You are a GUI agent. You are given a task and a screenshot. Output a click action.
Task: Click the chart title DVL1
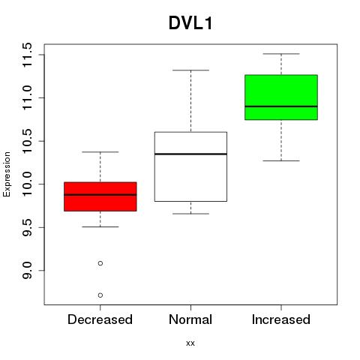pyautogui.click(x=190, y=23)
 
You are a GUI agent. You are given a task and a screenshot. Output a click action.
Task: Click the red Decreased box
pyautogui.click(x=100, y=196)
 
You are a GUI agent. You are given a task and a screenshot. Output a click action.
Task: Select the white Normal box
pyautogui.click(x=190, y=166)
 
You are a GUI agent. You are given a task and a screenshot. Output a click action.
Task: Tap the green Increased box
pyautogui.click(x=281, y=97)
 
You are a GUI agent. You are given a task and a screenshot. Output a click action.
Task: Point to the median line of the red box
pyautogui.click(x=100, y=194)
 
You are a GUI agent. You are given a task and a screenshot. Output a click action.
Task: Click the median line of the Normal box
pyautogui.click(x=190, y=154)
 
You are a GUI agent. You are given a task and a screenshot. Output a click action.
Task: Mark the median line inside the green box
pyautogui.click(x=281, y=106)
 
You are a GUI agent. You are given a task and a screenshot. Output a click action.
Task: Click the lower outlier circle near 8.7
pyautogui.click(x=100, y=295)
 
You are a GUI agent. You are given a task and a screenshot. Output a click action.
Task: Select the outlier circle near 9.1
pyautogui.click(x=100, y=263)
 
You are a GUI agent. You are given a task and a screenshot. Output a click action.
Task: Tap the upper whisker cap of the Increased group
pyautogui.click(x=281, y=54)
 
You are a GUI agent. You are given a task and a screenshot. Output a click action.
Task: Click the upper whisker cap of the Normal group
pyautogui.click(x=190, y=70)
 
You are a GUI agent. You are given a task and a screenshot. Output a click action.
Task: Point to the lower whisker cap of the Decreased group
pyautogui.click(x=100, y=226)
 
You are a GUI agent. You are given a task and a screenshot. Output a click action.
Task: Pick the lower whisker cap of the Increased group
pyautogui.click(x=281, y=160)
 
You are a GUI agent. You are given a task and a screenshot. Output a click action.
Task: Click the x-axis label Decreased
pyautogui.click(x=100, y=319)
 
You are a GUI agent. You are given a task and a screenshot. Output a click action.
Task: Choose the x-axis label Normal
pyautogui.click(x=190, y=319)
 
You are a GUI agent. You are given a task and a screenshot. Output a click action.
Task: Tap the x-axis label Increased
pyautogui.click(x=281, y=319)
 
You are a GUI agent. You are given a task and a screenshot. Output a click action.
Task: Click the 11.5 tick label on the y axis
pyautogui.click(x=27, y=55)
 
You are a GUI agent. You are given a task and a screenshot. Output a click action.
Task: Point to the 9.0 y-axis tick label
pyautogui.click(x=27, y=271)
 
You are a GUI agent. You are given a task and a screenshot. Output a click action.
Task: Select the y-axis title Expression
pyautogui.click(x=7, y=175)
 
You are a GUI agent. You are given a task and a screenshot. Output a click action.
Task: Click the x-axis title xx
pyautogui.click(x=190, y=343)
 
